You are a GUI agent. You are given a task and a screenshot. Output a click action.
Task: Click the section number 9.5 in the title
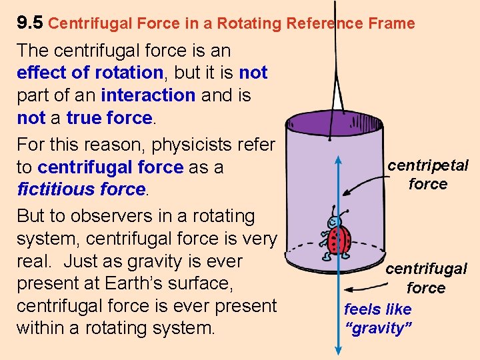click(x=29, y=23)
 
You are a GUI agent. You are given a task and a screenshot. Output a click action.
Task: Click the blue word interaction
click(x=148, y=95)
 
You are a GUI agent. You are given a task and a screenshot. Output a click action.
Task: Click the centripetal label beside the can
click(x=428, y=165)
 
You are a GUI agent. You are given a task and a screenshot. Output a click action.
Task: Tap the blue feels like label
click(x=377, y=309)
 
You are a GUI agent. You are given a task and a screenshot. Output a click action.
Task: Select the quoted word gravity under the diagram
click(x=379, y=328)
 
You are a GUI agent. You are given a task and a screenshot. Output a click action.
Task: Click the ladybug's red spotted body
click(x=341, y=239)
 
